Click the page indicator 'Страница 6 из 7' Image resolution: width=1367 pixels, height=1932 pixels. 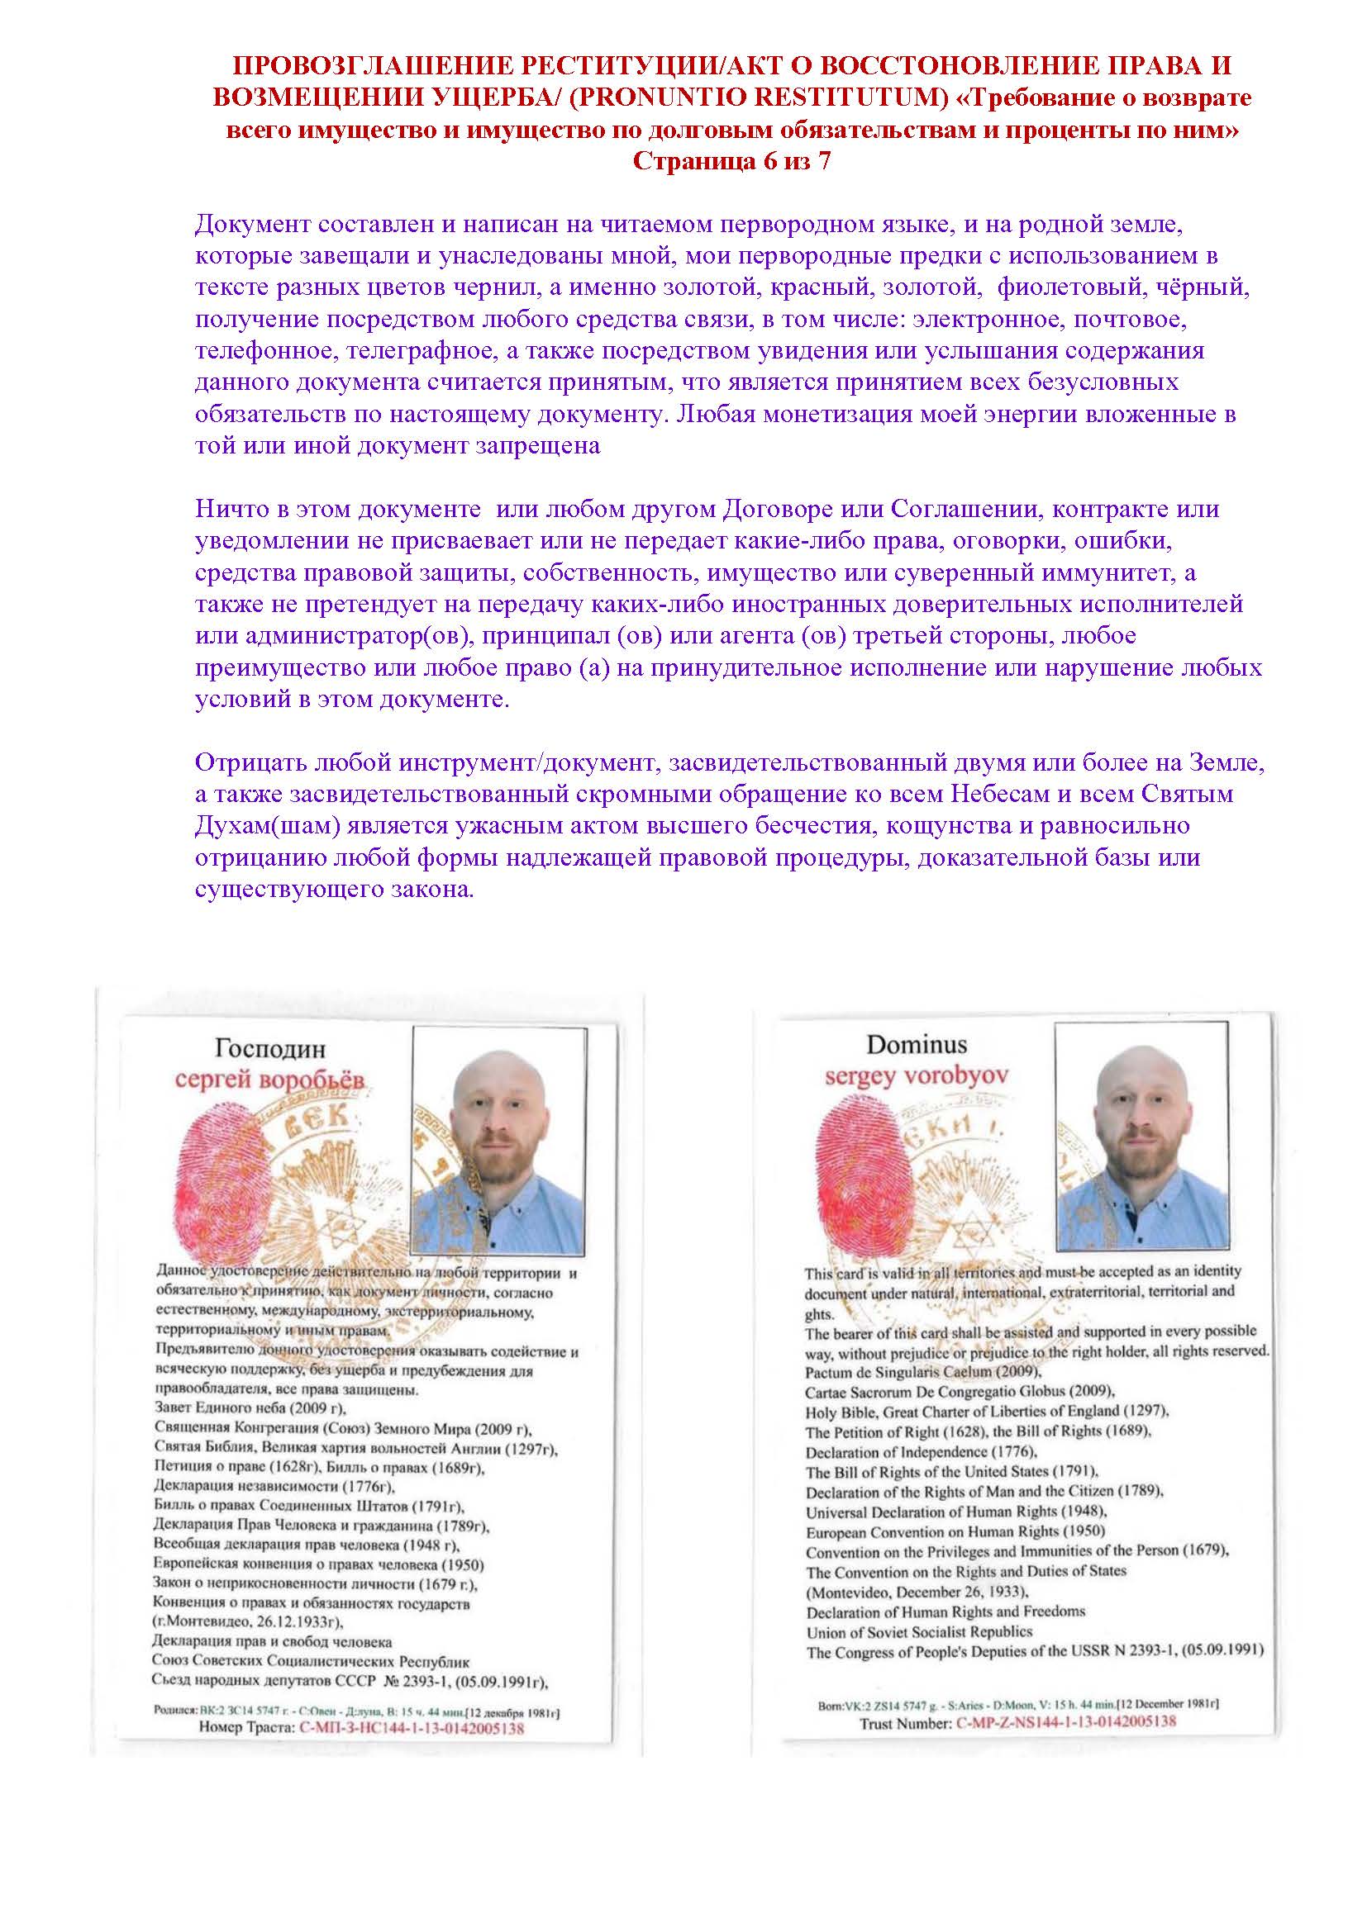[x=731, y=162]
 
